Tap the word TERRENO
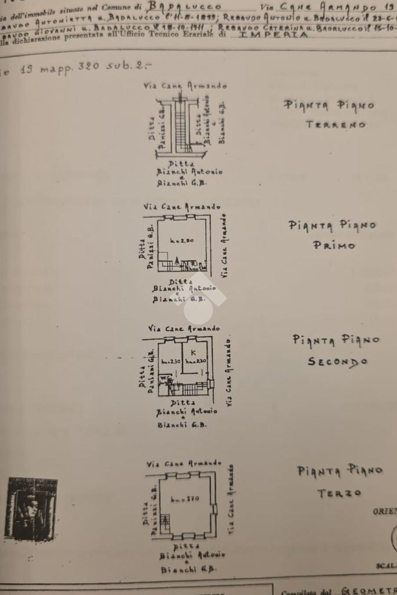(335, 124)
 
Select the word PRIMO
(334, 245)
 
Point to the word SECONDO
(337, 362)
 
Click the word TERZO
(339, 493)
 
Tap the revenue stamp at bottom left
(31, 509)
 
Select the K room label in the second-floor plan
(192, 352)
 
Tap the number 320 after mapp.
(88, 67)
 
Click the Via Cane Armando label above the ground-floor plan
(185, 86)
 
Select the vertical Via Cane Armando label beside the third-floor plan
(232, 499)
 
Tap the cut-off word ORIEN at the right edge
(385, 511)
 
